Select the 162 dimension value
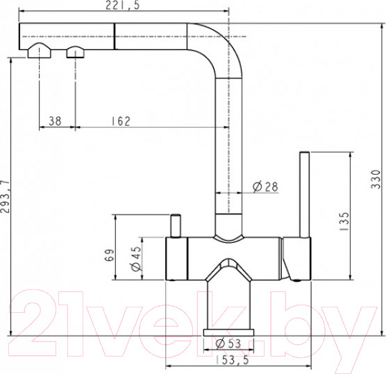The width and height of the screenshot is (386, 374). pos(120,121)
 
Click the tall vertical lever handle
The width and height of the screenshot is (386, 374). pos(303,194)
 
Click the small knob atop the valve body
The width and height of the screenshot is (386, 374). pos(174,226)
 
